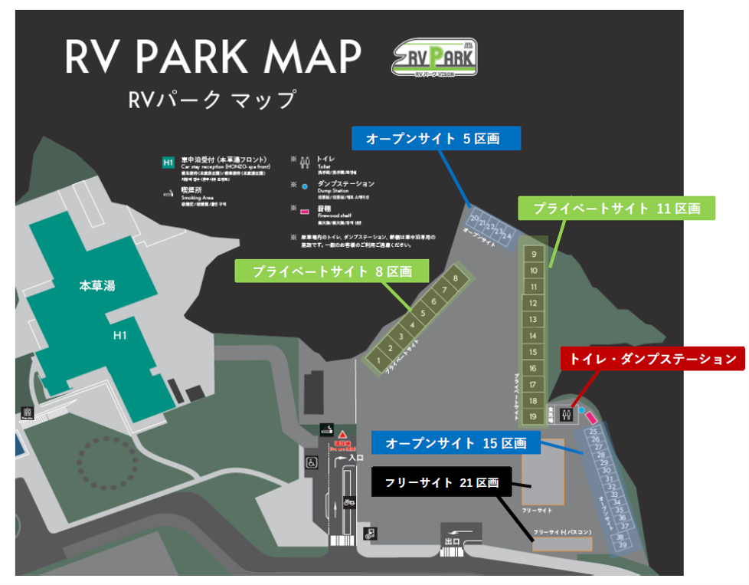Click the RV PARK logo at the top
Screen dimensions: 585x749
point(434,58)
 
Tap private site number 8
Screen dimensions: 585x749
point(456,278)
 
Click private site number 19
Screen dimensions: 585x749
point(534,416)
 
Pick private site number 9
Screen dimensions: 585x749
point(534,254)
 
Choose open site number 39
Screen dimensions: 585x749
point(623,545)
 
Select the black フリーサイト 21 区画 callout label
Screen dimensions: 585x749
point(442,483)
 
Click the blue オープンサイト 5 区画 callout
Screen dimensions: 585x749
point(436,139)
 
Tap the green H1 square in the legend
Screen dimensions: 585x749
point(168,163)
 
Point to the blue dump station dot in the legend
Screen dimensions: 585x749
point(304,186)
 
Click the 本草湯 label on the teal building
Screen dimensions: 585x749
point(97,286)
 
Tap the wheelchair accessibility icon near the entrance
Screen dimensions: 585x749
point(312,462)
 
